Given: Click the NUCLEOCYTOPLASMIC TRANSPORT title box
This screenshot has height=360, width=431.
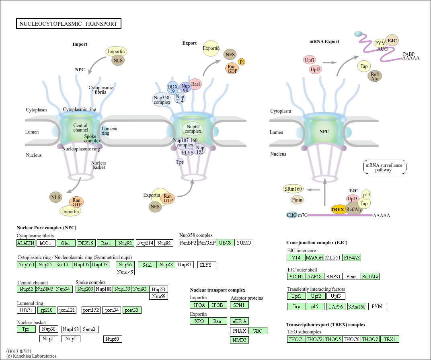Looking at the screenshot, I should coord(68,24).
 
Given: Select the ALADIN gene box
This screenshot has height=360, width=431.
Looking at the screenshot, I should coord(26,243).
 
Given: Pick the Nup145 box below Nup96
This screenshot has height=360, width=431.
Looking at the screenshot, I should coord(125,272).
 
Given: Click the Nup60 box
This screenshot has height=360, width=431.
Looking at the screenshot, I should coord(113,339).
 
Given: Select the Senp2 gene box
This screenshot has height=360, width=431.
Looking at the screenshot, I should coord(89,329).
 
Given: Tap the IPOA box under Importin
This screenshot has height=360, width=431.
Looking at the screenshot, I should coord(199,305).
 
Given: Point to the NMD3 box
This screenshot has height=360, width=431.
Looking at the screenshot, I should coord(239,340).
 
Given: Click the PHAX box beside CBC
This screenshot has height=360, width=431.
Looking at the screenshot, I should coord(239,331).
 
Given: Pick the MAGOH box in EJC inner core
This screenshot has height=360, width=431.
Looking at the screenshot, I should coord(314,257).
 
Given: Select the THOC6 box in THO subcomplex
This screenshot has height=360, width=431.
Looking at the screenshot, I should coord(351,339).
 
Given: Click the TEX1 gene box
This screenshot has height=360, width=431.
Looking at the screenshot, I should coord(390,339).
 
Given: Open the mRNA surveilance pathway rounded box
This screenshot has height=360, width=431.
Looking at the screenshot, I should coord(385,167).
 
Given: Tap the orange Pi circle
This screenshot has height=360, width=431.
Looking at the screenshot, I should coord(242,62).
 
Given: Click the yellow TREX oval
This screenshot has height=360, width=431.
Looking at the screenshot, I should coord(337,209).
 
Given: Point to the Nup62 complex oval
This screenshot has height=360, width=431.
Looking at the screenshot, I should coord(193,129).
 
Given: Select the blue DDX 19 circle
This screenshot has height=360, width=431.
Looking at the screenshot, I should coord(172,88).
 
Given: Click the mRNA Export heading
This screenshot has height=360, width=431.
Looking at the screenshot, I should coord(324,41).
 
